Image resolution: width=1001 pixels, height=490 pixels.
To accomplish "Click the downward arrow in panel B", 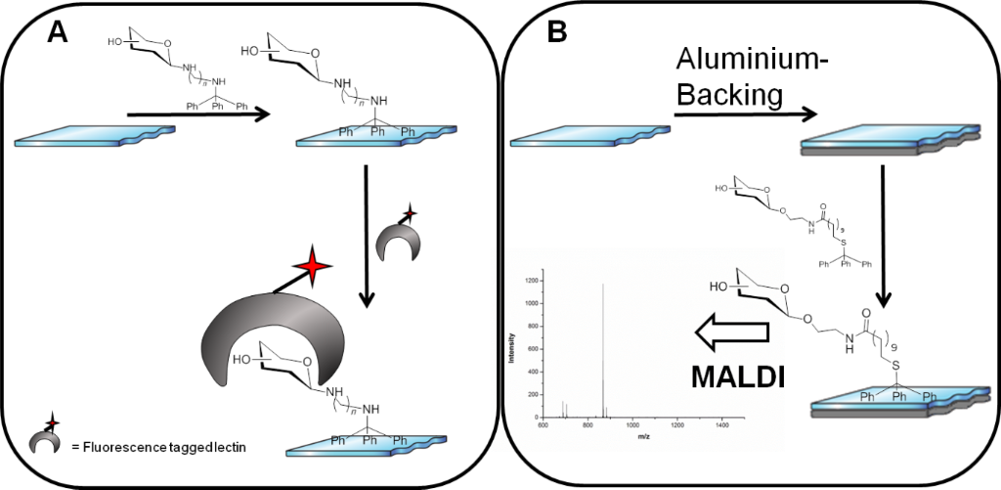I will click(883, 226).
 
